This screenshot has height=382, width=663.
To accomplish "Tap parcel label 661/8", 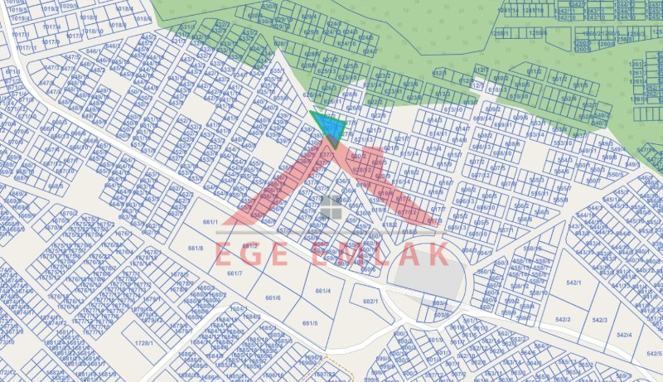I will click(196, 248).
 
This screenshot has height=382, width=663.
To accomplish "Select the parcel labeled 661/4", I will click(323, 291).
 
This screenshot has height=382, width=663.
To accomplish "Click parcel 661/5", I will click(310, 323).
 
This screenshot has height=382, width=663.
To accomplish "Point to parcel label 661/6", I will click(273, 298).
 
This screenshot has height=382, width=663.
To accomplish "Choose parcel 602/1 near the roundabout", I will click(370, 302).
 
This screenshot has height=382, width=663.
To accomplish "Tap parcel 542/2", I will click(563, 319).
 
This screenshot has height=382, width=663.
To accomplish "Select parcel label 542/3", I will click(600, 320).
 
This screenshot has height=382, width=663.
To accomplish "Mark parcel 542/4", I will click(623, 335).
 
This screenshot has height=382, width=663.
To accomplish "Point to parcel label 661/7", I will click(235, 273).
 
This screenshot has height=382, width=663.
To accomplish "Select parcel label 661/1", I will click(211, 222).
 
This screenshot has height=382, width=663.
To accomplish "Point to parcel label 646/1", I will click(92, 51).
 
